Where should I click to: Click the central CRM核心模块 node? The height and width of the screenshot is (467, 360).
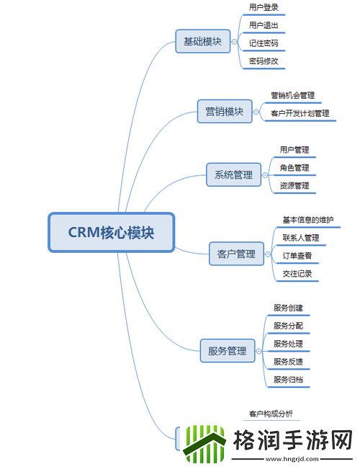pos(112,232)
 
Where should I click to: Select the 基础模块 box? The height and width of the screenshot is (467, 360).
pos(202,41)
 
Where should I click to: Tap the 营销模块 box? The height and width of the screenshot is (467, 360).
pos(225,112)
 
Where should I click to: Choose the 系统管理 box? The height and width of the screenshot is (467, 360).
pos(233,174)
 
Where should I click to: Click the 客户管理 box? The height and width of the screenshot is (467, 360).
pos(236,254)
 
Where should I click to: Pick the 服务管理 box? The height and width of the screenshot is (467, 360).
pos(227,351)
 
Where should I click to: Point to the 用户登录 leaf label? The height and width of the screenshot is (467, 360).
pos(264,7)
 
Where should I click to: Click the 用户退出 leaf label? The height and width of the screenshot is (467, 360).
pos(264,25)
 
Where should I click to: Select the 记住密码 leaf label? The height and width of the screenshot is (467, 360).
pos(264,43)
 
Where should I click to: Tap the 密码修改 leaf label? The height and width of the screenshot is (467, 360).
pos(264,61)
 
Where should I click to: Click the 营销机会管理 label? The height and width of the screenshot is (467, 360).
pos(292,95)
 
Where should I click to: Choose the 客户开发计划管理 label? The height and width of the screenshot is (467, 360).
pos(300,113)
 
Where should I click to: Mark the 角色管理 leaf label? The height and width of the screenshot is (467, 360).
pos(294,168)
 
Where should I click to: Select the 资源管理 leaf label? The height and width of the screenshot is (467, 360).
pos(294,186)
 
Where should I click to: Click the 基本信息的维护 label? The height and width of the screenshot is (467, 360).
pos(307,220)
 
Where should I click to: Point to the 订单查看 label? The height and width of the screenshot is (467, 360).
pos(297,256)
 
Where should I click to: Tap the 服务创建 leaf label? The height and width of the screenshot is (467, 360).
pos(288,308)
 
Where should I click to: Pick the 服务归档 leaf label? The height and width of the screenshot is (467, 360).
pos(288,380)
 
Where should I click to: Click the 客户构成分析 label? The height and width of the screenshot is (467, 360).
pos(271,414)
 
